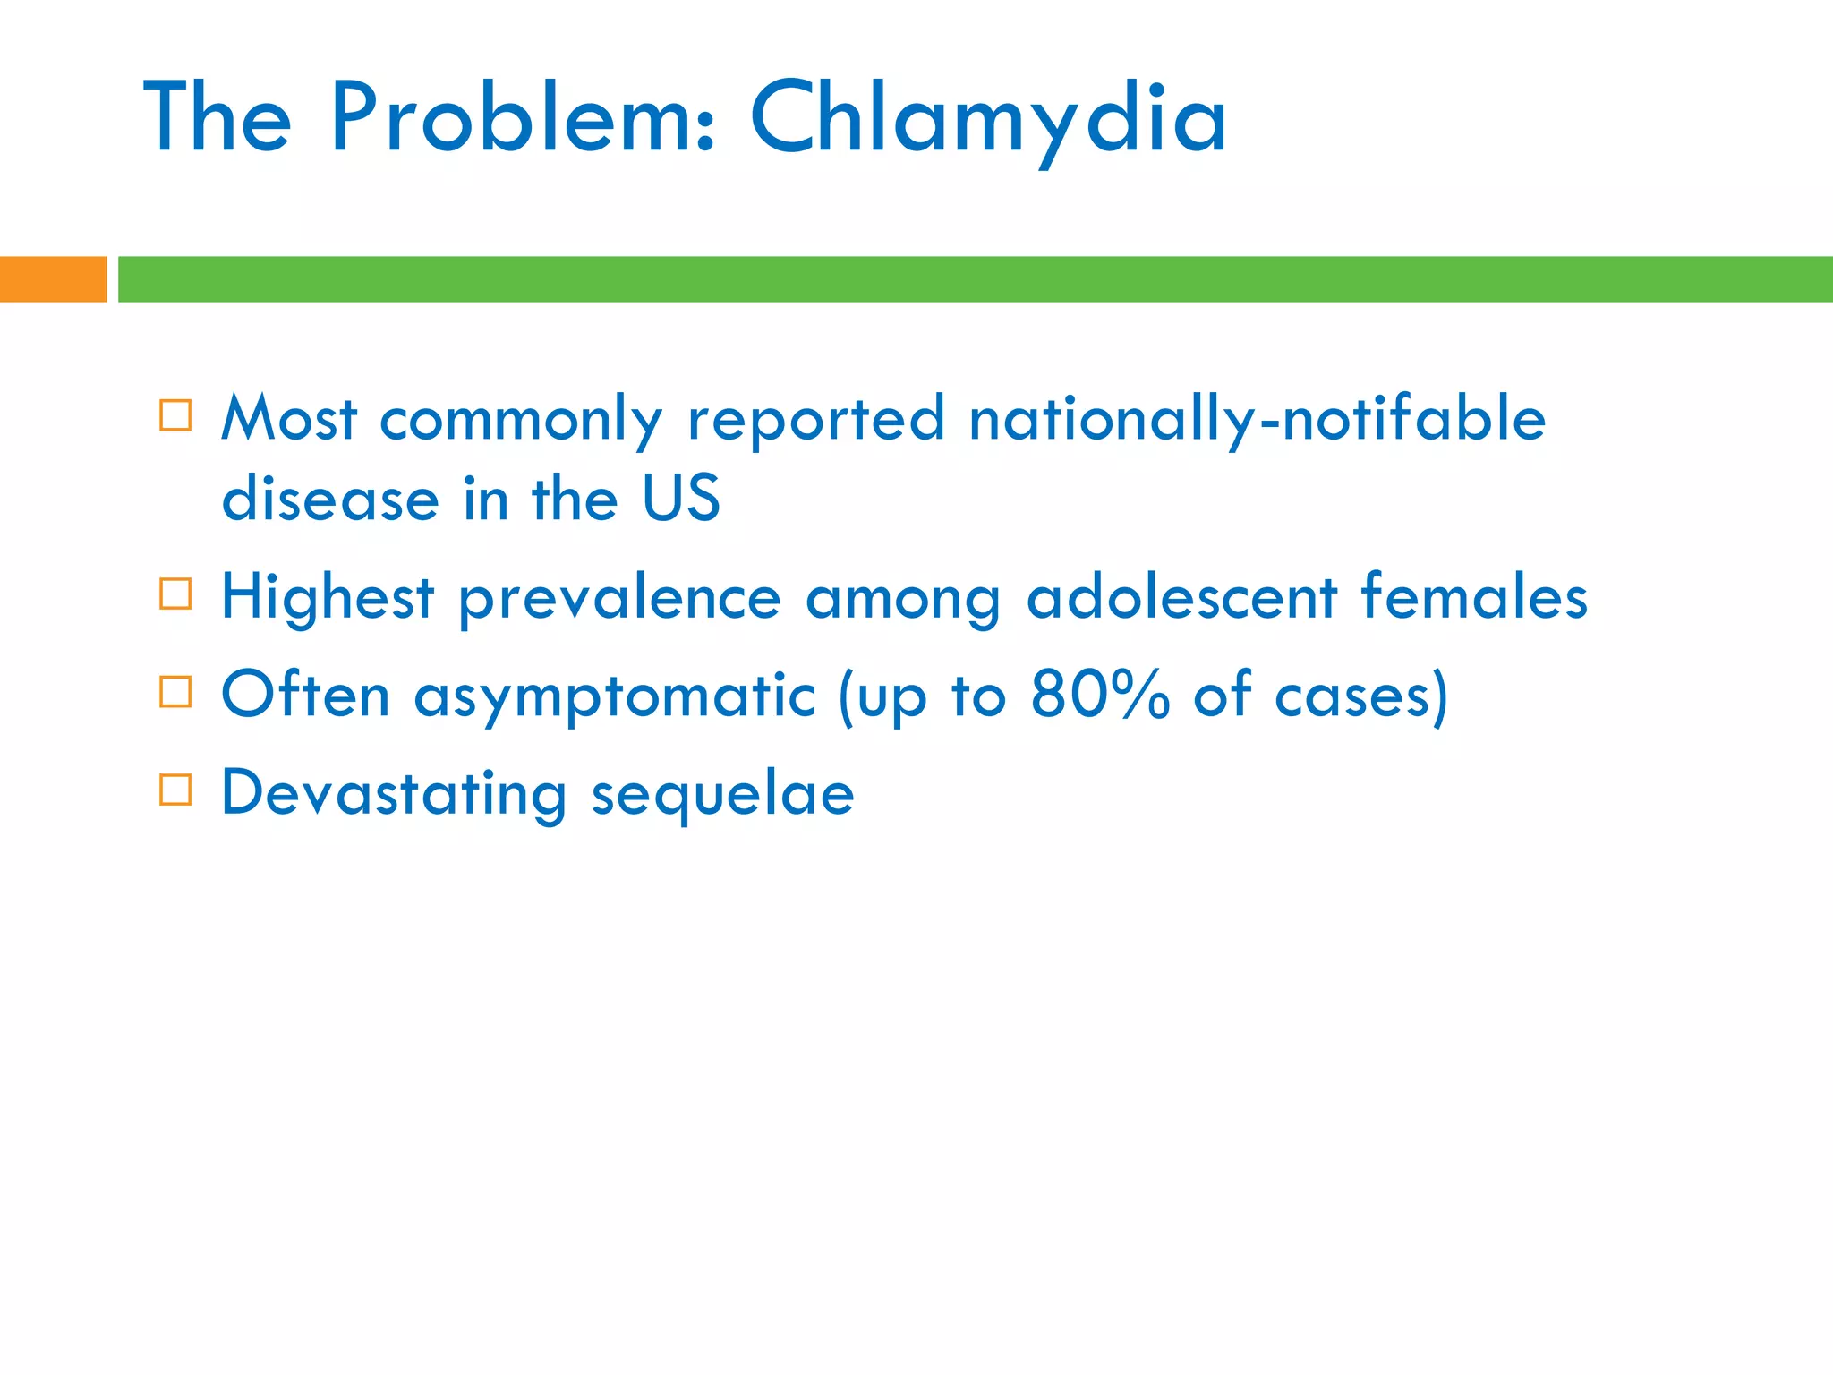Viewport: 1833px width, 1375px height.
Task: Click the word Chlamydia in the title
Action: click(x=988, y=119)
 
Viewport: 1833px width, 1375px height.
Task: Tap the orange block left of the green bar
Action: click(x=53, y=279)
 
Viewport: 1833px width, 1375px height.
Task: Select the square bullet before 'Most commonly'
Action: click(x=175, y=416)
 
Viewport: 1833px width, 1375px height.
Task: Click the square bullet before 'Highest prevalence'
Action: click(x=175, y=594)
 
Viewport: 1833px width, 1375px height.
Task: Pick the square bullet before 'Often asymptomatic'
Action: click(x=175, y=692)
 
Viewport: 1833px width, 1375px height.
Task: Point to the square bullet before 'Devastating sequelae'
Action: click(x=175, y=790)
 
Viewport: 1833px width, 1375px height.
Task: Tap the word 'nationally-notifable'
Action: click(x=1257, y=419)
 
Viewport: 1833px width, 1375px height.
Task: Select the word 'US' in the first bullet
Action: click(x=681, y=498)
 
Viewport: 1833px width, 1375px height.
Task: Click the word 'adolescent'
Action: click(x=1181, y=597)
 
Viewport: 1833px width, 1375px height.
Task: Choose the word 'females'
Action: click(x=1474, y=597)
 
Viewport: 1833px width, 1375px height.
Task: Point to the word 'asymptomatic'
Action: click(x=615, y=696)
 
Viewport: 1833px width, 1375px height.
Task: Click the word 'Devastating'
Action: click(x=394, y=793)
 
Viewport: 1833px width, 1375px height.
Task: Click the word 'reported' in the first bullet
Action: click(x=815, y=420)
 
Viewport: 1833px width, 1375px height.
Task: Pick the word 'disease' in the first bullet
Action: click(x=330, y=498)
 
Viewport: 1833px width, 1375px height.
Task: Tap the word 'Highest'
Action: click(x=328, y=597)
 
